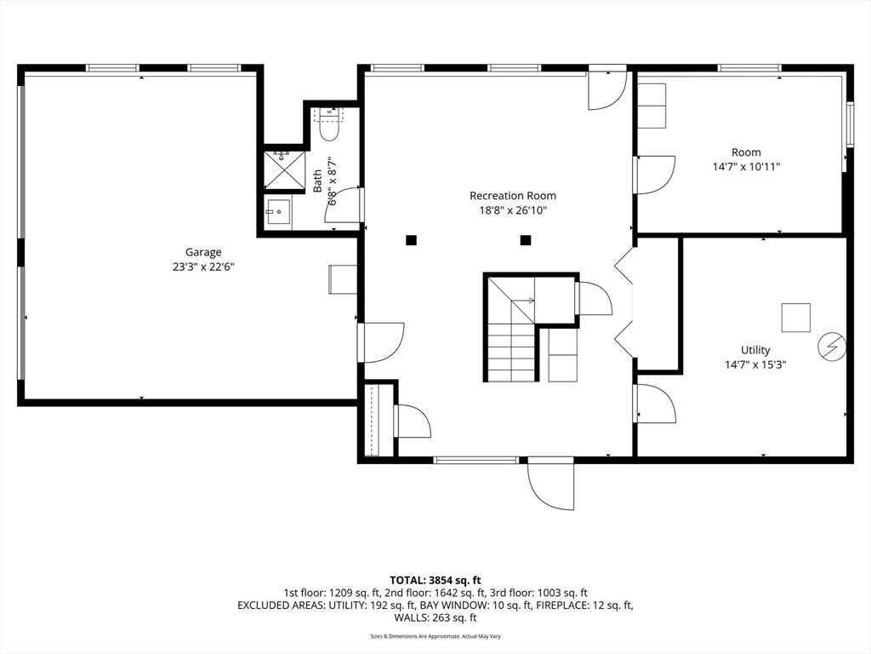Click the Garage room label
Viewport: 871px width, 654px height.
point(203,252)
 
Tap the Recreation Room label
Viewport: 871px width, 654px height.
point(513,196)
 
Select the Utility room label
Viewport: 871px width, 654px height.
point(755,350)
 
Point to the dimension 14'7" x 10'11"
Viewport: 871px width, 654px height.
point(747,166)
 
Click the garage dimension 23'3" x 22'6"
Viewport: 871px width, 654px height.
point(203,267)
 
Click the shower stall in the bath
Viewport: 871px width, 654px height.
point(284,170)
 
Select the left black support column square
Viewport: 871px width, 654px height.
point(411,240)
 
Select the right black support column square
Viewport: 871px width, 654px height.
point(526,240)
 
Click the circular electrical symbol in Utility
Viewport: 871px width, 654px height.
point(832,347)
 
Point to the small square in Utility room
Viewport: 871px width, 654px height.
point(796,318)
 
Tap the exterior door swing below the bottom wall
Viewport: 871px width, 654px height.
point(550,483)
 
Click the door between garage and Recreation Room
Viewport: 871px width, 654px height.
point(381,342)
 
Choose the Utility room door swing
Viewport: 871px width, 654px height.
point(656,403)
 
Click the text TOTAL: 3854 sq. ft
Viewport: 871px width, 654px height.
point(435,581)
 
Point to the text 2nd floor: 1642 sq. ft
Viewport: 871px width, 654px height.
point(435,594)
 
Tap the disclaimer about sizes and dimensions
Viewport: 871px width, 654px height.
point(435,636)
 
